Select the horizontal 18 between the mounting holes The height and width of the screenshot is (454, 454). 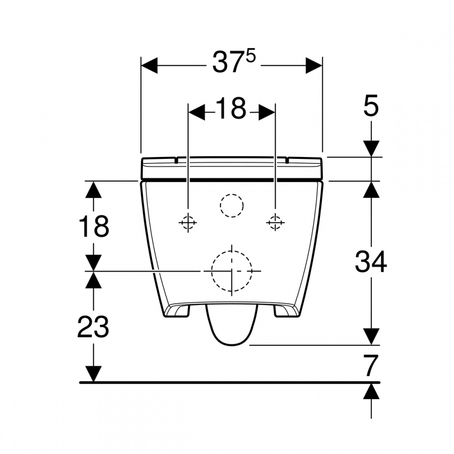tap(231, 109)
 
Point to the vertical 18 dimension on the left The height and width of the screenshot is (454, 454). tap(94, 227)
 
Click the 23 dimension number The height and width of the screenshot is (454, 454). tap(93, 326)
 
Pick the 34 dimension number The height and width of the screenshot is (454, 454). tap(370, 262)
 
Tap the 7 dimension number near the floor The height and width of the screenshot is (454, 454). tap(371, 365)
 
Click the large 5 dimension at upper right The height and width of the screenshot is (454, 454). tap(371, 108)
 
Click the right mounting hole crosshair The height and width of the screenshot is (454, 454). tap(275, 222)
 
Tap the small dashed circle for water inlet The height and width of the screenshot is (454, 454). tap(232, 206)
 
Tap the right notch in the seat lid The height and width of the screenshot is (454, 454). tap(287, 160)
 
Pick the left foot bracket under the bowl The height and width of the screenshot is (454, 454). tap(179, 311)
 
